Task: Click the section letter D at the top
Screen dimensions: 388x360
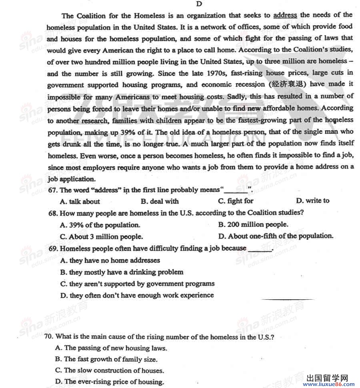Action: [x=199, y=4]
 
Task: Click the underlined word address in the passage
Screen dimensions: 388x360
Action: [x=285, y=15]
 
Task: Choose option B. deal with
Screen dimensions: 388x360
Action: [x=160, y=201]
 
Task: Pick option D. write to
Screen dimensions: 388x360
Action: [x=313, y=201]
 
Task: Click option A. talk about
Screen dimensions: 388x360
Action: [x=80, y=201]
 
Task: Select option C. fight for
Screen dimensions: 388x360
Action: [x=236, y=201]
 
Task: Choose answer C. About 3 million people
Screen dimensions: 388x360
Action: [x=101, y=237]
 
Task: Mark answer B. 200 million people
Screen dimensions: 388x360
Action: [x=253, y=225]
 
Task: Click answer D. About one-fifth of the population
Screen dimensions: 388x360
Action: [x=276, y=236]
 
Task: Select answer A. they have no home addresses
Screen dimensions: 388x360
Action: [x=110, y=261]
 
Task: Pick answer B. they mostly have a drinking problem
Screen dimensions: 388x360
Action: [x=122, y=272]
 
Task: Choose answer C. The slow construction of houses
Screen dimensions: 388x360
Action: [x=109, y=370]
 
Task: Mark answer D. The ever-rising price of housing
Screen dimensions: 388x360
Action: [x=109, y=382]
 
